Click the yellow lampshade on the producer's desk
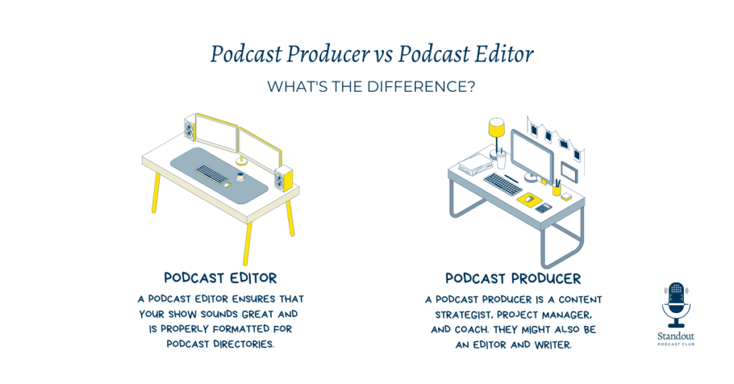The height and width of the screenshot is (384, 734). click(496, 128)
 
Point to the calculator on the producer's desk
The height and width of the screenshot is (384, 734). click(543, 208)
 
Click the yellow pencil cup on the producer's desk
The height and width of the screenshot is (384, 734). click(556, 189)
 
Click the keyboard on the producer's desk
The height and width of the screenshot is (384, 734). click(502, 183)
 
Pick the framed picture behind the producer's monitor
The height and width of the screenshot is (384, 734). click(570, 172)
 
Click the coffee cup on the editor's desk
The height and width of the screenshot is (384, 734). click(241, 177)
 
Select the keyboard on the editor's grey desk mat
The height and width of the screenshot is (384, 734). click(211, 174)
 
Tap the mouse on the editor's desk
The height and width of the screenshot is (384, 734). click(227, 185)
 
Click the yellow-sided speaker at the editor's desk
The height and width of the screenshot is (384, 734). click(284, 179)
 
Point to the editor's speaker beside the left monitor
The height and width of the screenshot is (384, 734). click(189, 127)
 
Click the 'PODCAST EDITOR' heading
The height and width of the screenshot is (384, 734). click(221, 278)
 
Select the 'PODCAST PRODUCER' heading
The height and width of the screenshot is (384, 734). click(513, 279)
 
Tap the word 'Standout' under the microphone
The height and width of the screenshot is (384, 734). click(676, 336)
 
